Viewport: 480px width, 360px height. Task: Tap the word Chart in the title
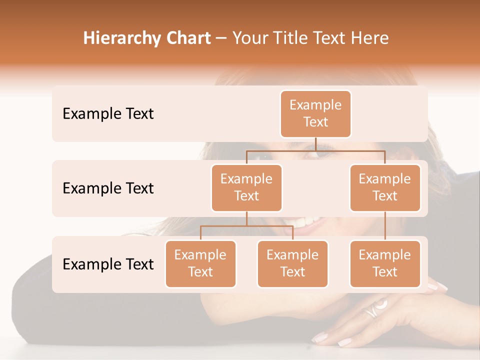pos(187,38)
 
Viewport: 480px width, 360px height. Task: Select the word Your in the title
pos(250,38)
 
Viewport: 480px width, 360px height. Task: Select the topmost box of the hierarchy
pos(315,114)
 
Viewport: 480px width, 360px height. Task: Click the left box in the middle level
pos(246,188)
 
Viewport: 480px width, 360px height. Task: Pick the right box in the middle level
pos(385,188)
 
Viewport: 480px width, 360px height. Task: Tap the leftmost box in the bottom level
pos(200,264)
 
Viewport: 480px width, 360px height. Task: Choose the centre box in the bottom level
pos(292,264)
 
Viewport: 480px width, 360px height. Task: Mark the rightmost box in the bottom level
pos(385,264)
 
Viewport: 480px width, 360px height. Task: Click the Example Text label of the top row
pos(108,114)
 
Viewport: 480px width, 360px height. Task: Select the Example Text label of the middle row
pos(108,188)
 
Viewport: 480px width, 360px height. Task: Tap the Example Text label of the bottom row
pos(108,264)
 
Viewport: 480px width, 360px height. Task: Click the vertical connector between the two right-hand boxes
pos(385,226)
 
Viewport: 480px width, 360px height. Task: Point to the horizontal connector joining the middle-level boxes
pos(315,150)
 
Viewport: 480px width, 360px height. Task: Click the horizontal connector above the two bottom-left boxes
pos(246,226)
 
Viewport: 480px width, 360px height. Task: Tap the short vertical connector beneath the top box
pos(315,144)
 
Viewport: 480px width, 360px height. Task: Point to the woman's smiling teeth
pos(305,221)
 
